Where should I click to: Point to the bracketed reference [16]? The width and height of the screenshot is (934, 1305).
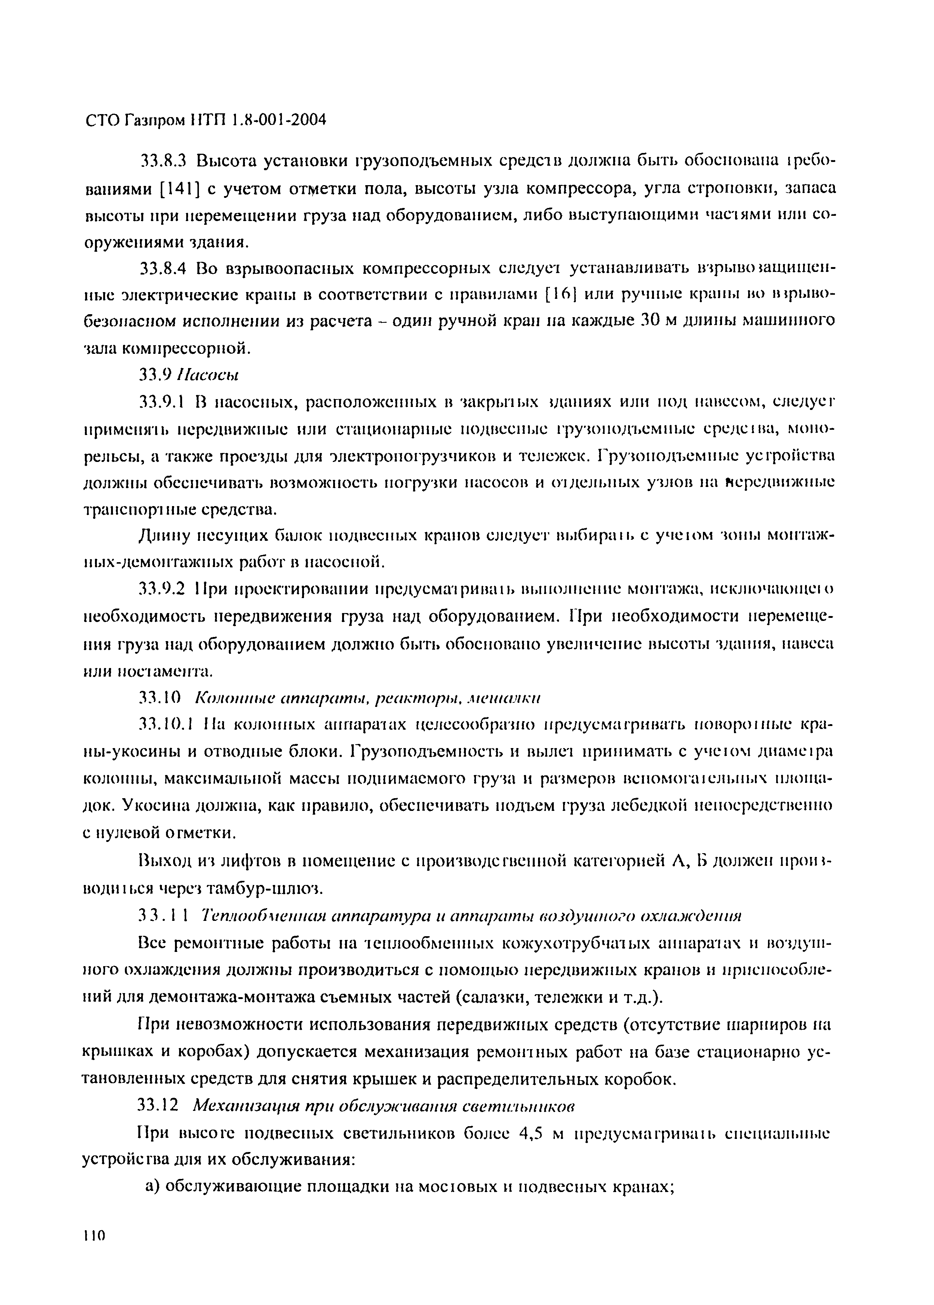point(560,295)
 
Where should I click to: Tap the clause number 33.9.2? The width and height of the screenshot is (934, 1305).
point(162,590)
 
